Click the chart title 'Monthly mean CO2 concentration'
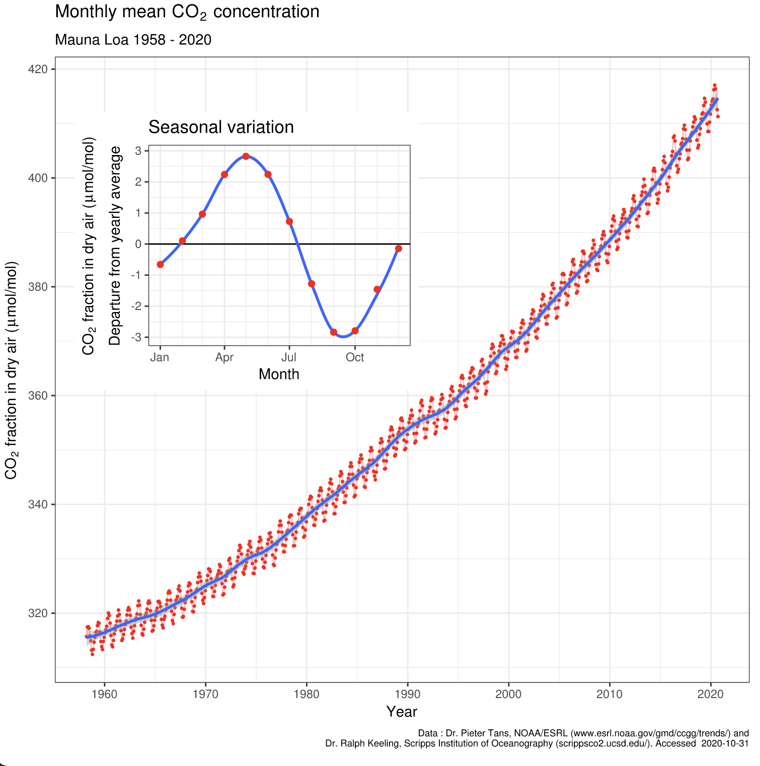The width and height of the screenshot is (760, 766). click(x=187, y=12)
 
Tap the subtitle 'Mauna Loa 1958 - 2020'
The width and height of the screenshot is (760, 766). click(x=133, y=40)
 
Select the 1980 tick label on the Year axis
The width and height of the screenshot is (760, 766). click(x=307, y=695)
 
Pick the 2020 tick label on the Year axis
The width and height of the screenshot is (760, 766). click(x=710, y=695)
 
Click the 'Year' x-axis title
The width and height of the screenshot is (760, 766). click(x=402, y=712)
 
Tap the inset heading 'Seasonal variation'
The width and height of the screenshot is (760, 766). click(x=221, y=127)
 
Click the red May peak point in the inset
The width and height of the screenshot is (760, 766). click(x=246, y=156)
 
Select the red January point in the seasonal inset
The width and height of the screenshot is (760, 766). click(x=160, y=264)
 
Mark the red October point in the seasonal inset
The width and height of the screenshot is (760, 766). click(x=355, y=331)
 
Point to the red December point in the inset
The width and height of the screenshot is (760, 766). click(x=399, y=249)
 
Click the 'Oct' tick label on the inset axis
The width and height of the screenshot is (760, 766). click(x=355, y=357)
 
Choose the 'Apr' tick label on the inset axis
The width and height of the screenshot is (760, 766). click(x=224, y=357)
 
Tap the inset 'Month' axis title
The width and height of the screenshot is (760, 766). click(x=279, y=374)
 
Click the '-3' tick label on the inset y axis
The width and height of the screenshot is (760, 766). click(x=136, y=337)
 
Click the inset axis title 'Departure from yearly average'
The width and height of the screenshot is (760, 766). click(x=115, y=246)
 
